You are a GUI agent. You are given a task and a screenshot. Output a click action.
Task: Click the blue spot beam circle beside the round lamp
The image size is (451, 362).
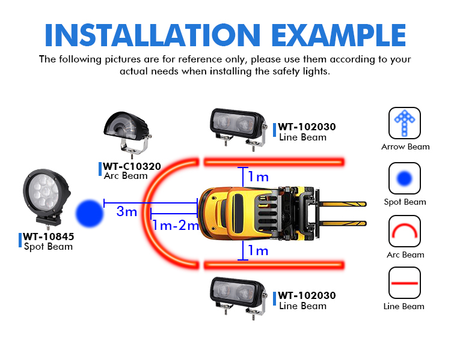point(90,214)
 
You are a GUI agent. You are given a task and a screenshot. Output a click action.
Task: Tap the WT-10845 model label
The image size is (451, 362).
point(49,237)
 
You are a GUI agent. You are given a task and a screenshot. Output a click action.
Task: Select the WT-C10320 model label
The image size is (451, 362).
point(132,166)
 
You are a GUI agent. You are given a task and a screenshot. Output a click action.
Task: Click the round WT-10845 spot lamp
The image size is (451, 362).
point(46,198)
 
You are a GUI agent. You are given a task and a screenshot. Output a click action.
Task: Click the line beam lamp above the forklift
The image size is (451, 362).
point(238,128)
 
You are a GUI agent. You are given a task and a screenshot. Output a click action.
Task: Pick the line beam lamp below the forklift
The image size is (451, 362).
point(238,297)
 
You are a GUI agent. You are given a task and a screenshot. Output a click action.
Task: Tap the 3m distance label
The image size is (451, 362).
point(126,211)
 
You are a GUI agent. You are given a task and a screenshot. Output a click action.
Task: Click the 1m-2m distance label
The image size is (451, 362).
point(176,225)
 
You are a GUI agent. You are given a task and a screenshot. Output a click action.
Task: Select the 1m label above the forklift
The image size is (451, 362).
point(259,176)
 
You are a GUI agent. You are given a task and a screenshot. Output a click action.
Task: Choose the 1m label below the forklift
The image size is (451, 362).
point(259,250)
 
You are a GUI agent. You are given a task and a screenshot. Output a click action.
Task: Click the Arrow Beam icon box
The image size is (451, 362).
point(405,123)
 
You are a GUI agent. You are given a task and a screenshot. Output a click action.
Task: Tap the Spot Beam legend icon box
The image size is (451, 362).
point(405,178)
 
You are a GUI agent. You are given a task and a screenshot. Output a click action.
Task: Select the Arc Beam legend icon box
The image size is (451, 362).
point(405,231)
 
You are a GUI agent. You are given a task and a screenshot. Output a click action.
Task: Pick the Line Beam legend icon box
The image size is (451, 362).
point(405,283)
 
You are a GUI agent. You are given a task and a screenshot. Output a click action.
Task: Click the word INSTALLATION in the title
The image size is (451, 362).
point(153,35)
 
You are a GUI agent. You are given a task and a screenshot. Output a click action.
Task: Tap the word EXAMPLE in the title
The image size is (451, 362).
point(339,35)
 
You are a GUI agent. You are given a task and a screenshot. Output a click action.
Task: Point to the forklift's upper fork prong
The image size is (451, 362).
point(343,204)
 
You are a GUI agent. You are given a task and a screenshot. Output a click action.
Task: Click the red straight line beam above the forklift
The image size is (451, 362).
point(274,162)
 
